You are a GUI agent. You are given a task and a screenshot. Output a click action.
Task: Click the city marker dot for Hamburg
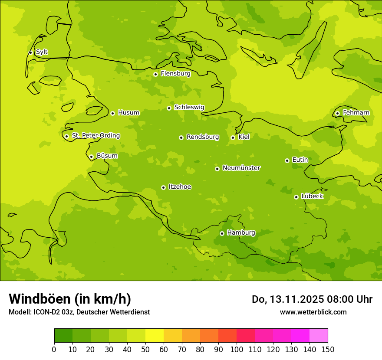point(222,233)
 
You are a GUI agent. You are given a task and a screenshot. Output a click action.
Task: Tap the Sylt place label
point(42,52)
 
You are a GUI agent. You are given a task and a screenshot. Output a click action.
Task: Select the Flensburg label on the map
point(175,74)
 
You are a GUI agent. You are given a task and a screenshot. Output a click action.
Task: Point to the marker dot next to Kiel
point(233,137)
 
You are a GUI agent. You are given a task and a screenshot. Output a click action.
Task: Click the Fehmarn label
point(356,113)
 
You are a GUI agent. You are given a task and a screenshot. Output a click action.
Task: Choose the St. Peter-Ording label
point(95,136)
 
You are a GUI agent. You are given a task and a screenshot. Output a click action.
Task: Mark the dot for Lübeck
point(296,197)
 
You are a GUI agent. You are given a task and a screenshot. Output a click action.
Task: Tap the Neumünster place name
point(241,168)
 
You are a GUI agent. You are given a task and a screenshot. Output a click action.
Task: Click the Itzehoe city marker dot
point(163,187)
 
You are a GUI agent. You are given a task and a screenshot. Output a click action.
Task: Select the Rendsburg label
point(203,137)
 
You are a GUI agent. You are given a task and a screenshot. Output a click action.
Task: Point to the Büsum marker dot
point(91,157)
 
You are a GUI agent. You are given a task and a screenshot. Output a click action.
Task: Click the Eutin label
point(300,160)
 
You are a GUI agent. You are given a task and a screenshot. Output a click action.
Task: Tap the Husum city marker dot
point(112,113)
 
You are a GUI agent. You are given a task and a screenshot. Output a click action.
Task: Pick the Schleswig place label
point(189,107)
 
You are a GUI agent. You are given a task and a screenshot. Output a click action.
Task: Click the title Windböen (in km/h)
point(70,299)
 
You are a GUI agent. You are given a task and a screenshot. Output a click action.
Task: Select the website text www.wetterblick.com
point(313,312)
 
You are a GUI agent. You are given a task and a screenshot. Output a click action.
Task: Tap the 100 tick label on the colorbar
point(237,349)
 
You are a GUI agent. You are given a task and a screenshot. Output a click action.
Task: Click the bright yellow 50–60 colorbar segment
point(155,336)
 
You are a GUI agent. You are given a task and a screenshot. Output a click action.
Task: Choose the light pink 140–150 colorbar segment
point(319,336)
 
